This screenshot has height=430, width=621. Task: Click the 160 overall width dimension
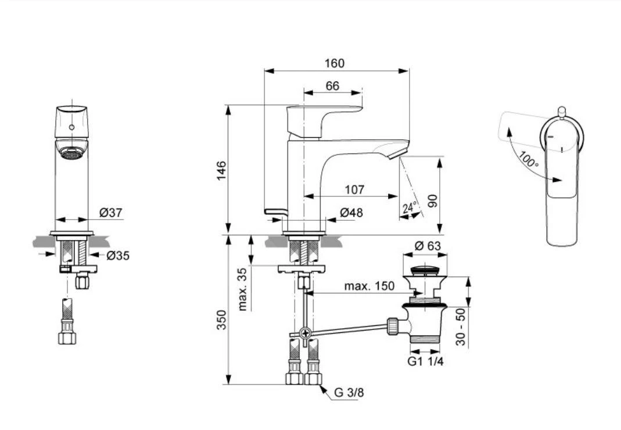[334, 63]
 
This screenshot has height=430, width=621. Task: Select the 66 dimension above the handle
[332, 86]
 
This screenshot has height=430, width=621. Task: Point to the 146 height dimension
[221, 170]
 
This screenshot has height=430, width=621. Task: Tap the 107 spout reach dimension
[354, 189]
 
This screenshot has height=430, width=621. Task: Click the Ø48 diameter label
[351, 213]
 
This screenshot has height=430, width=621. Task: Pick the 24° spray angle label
[410, 208]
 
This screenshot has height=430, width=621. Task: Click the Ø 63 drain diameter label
[428, 246]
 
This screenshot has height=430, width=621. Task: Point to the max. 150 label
[369, 286]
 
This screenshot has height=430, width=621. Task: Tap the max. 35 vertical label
[243, 289]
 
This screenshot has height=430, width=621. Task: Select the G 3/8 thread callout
[349, 393]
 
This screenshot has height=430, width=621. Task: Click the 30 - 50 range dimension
[460, 328]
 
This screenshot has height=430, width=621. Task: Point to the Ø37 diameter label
[111, 213]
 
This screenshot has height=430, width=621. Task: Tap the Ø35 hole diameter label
[117, 255]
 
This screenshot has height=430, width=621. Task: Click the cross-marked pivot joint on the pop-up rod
[304, 334]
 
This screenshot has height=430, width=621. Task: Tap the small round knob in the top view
[561, 110]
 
